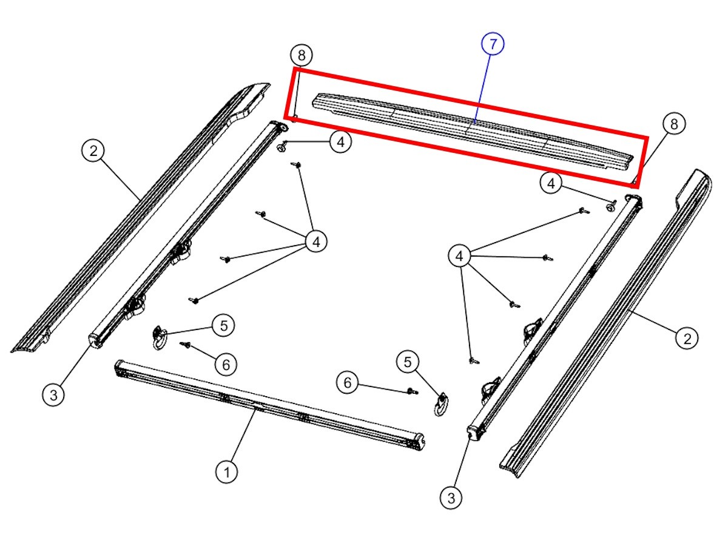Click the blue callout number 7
(493, 44)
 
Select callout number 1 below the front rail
(227, 472)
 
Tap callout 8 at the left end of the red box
(301, 56)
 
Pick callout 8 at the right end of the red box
(673, 124)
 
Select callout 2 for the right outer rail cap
(687, 338)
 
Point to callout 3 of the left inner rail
(54, 396)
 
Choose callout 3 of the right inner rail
(451, 498)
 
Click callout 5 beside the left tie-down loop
(224, 326)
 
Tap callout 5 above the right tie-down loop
(408, 363)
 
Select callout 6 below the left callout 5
(225, 365)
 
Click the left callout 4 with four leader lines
(315, 242)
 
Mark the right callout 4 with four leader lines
(459, 257)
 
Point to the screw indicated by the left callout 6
(186, 345)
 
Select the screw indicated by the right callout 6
(412, 391)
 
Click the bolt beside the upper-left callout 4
(282, 146)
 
